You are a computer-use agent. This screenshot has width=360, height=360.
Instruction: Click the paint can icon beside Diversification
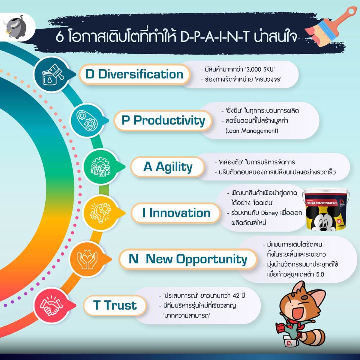pyautogui.click(x=53, y=74)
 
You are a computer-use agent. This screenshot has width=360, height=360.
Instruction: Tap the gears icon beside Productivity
pyautogui.click(x=87, y=120)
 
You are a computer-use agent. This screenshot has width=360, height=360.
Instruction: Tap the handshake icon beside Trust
pyautogui.click(x=52, y=306)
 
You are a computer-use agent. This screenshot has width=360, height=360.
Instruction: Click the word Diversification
pyautogui.click(x=140, y=74)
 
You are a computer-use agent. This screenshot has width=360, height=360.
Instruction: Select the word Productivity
pyautogui.click(x=169, y=121)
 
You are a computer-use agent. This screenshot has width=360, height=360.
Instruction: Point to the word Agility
pyautogui.click(x=174, y=167)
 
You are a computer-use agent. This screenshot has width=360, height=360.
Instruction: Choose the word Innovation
pyautogui.click(x=180, y=213)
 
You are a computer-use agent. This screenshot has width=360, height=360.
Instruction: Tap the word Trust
pyautogui.click(x=120, y=305)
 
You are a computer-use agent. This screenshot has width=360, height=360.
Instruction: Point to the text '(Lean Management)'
pyautogui.click(x=252, y=131)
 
